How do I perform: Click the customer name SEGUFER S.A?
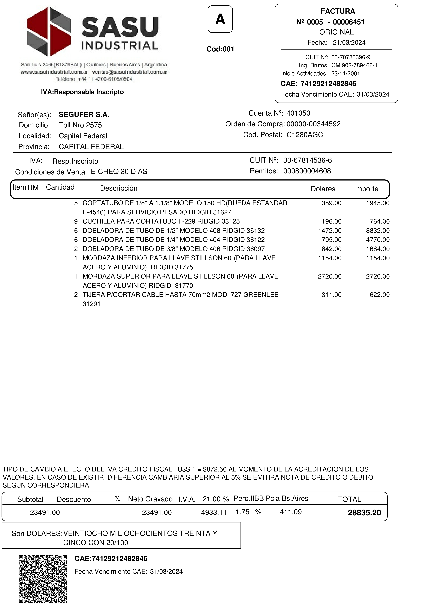pos(84,115)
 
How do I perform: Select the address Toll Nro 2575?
pos(80,125)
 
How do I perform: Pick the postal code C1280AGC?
pos(305,135)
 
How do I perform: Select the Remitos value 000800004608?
pos(307,171)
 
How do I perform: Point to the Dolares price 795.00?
pos(331,240)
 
